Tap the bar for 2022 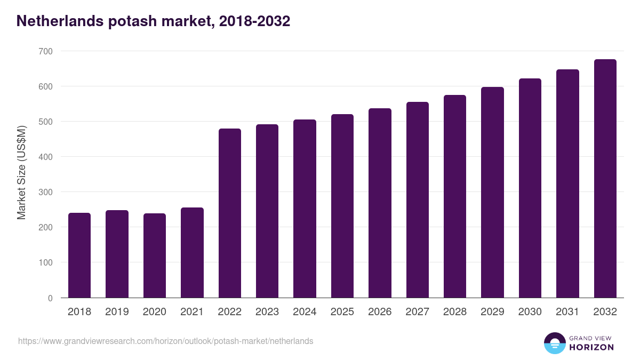(x=229, y=213)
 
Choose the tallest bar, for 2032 (x=605, y=178)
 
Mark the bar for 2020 (x=154, y=255)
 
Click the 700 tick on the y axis (x=45, y=51)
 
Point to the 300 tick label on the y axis (x=45, y=192)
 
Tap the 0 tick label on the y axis (x=50, y=298)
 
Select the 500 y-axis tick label (x=45, y=122)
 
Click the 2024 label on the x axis (x=305, y=312)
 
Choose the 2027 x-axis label (x=417, y=312)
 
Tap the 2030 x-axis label (x=530, y=312)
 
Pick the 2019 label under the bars (x=117, y=312)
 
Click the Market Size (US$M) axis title (x=21, y=172)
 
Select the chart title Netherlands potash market (x=154, y=21)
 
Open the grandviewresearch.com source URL (x=166, y=341)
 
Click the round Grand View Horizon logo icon (x=554, y=343)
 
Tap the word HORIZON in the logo (x=591, y=347)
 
